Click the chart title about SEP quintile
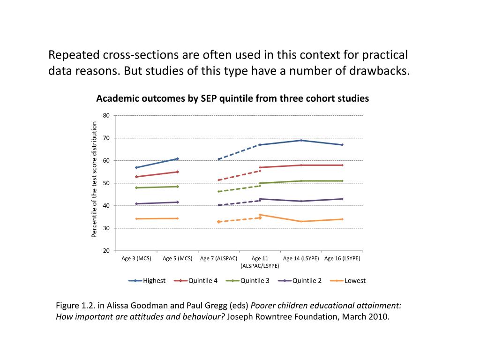pos(232,98)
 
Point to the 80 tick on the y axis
pos(106,116)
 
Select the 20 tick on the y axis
pos(106,251)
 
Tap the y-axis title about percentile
pos(94,180)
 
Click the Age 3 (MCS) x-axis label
pos(136,258)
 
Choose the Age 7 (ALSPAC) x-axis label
pos(218,258)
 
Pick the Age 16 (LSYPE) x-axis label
pos(342,258)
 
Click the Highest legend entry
pos(154,281)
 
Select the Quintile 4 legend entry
pos(202,281)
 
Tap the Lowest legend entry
pos(354,281)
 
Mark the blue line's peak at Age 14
pos(301,140)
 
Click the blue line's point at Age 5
pos(178,158)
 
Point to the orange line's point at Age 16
pos(342,219)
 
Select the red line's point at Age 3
pos(136,177)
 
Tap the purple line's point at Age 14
pos(301,201)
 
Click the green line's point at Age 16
pos(342,181)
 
